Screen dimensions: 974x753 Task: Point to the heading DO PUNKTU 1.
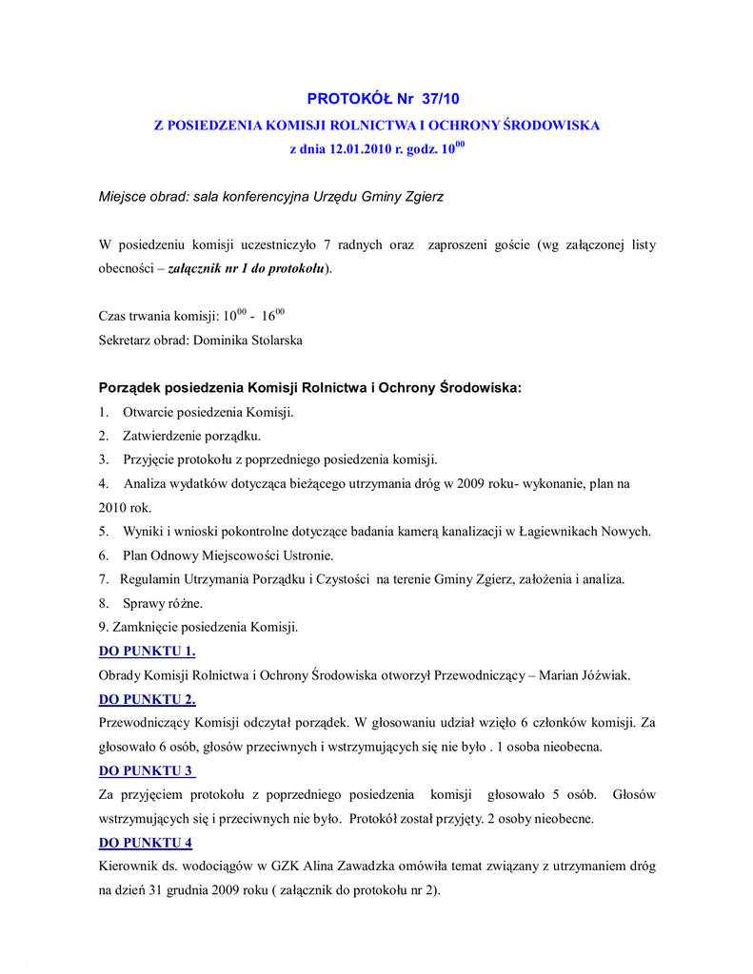coord(147,652)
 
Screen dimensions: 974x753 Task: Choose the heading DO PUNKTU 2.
coord(147,699)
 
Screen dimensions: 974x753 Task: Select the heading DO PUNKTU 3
coord(147,770)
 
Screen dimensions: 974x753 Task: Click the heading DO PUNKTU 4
coord(147,842)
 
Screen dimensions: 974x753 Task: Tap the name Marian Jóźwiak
coord(585,675)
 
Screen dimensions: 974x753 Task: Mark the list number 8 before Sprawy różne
coord(103,603)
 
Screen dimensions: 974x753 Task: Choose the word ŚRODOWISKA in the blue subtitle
coord(551,125)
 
